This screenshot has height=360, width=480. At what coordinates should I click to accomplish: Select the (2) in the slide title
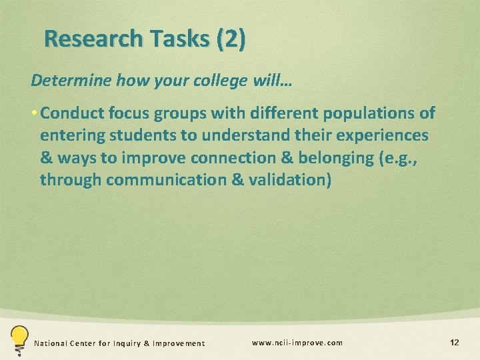pos(231,39)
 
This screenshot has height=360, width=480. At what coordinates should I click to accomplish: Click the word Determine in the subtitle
pos(71,81)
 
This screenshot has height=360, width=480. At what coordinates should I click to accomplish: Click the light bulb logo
pos(18,339)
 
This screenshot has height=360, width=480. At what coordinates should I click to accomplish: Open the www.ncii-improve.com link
pos(297,343)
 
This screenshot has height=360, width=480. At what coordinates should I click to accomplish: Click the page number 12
pos(455,343)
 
